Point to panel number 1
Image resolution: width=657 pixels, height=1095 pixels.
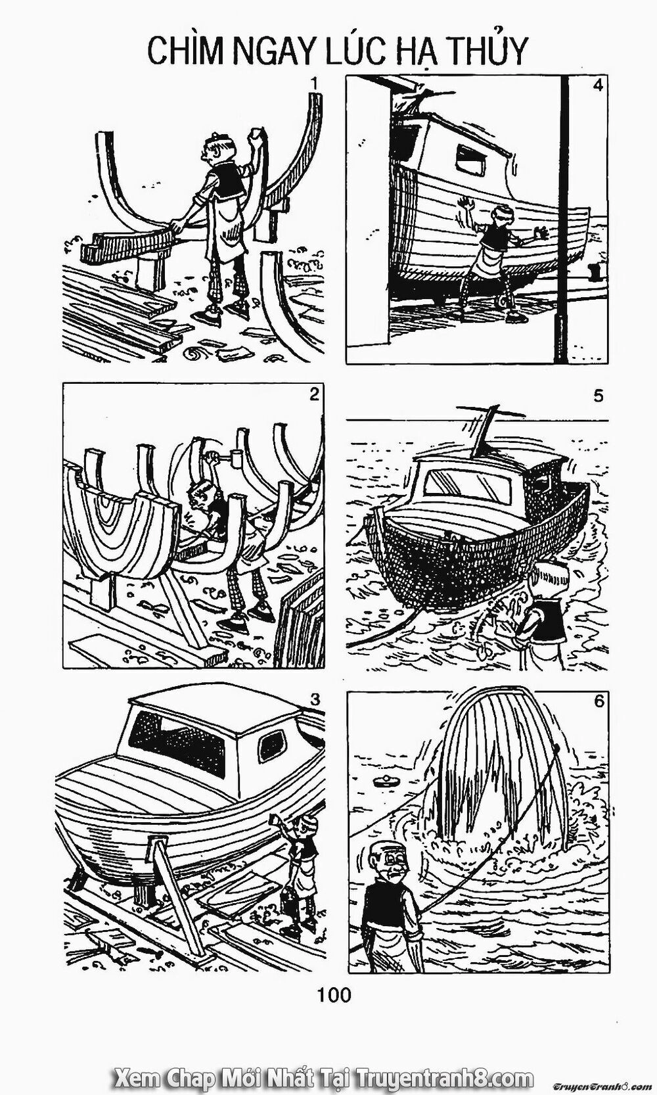pos(316,83)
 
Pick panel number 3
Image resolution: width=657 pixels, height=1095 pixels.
pos(316,700)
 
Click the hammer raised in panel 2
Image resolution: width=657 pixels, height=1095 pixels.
pos(231,457)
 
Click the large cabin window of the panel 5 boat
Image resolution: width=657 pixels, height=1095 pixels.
pos(467,487)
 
